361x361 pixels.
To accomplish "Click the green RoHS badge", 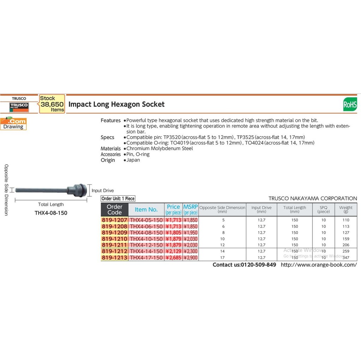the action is [x=350, y=104].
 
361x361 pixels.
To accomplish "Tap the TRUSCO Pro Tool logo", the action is [x=19, y=107].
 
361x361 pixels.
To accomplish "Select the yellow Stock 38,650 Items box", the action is [x=52, y=104].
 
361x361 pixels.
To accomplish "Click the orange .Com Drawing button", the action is [x=13, y=124].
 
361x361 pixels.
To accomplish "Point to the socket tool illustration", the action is [x=51, y=190].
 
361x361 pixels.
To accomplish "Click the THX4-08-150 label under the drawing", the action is [x=51, y=213].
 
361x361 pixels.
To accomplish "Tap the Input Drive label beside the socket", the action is [x=103, y=191].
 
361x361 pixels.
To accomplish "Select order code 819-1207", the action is [x=115, y=220].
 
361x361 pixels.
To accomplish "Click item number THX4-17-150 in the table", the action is [x=146, y=258].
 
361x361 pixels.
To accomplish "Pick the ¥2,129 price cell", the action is [x=173, y=251].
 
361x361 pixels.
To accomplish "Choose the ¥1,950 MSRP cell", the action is [x=190, y=233].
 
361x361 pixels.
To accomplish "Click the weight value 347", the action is [x=346, y=258].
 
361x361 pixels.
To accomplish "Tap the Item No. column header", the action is [x=146, y=209].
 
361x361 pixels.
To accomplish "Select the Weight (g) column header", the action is [x=346, y=209].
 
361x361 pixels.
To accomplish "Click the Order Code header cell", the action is [x=115, y=209].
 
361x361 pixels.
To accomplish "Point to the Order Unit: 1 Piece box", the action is [x=118, y=198].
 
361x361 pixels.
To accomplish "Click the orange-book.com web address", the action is [x=319, y=265].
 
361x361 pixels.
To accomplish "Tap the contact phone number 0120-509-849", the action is [x=258, y=265].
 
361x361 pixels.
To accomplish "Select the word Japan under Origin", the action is [x=133, y=160].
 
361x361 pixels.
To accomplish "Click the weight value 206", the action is [x=346, y=245].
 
